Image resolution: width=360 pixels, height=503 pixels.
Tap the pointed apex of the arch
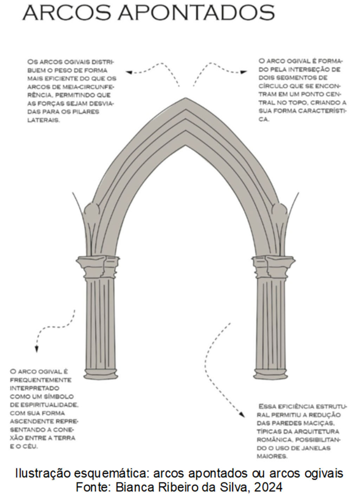(x=186, y=99)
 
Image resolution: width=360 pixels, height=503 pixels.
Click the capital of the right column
(x=274, y=266)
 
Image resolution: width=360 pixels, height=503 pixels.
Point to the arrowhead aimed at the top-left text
(x=129, y=72)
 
